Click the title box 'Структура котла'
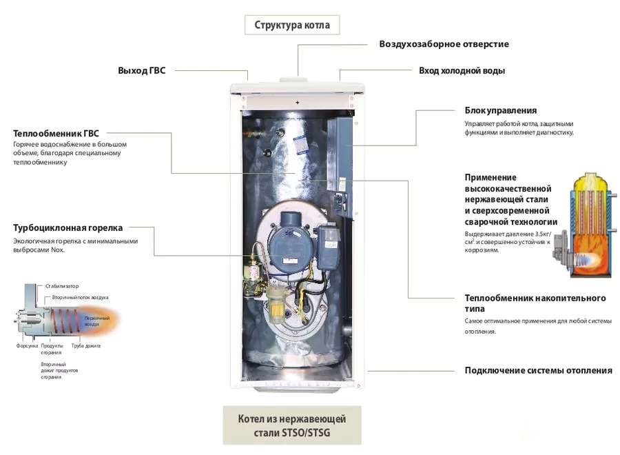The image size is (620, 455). tap(292, 26)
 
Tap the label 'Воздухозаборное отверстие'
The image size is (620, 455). tap(444, 44)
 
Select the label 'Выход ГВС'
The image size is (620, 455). tap(142, 70)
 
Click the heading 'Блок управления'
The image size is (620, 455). tap(500, 110)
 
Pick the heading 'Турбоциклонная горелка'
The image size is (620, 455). tap(68, 228)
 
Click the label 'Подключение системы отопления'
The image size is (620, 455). tap(538, 370)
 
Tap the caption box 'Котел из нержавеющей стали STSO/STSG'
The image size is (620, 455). tap(291, 426)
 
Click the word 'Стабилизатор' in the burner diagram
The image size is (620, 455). tap(62, 285)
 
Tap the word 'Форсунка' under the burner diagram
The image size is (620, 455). tap(27, 345)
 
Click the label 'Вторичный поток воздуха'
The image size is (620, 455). tap(81, 297)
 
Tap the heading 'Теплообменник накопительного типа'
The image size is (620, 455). tap(535, 303)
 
